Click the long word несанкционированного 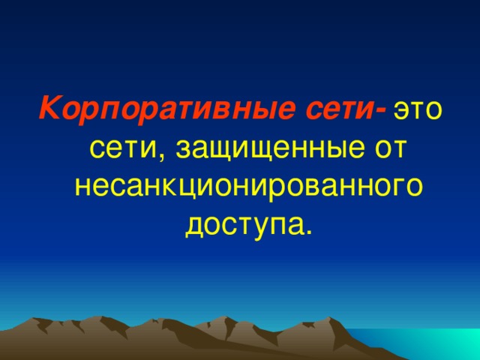(x=247, y=184)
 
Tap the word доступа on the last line (x=243, y=222)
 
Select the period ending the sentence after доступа (x=307, y=228)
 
